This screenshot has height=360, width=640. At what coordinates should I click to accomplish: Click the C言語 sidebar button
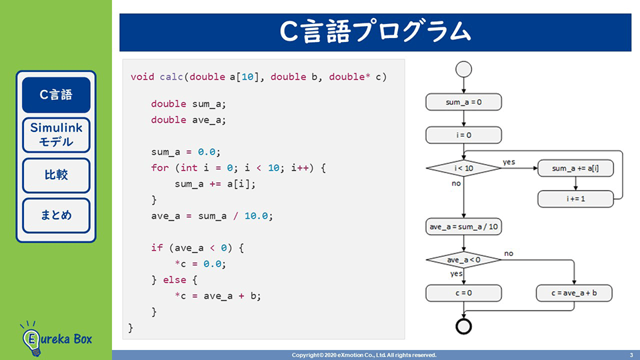coord(56,95)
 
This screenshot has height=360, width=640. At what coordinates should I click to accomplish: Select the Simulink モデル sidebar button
coord(56,135)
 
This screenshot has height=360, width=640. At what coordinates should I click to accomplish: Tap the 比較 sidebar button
coord(56,175)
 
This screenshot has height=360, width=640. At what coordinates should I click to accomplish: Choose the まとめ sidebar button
coord(56,215)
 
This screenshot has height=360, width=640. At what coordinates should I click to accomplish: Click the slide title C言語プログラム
coord(375,32)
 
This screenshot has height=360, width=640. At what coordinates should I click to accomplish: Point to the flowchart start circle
coord(463,70)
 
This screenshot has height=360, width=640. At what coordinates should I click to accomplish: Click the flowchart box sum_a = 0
coord(463,102)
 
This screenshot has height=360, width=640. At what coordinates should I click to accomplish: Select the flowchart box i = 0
coord(463,135)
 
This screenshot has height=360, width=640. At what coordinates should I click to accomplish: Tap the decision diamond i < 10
coord(463,168)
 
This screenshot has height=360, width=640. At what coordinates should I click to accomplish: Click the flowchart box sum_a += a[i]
coord(575,169)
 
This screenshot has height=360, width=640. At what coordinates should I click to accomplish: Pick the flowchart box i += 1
coord(575,198)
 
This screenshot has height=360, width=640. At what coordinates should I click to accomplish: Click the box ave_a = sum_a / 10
coord(463,227)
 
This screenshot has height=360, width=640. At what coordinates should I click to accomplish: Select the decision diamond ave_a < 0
coord(463,259)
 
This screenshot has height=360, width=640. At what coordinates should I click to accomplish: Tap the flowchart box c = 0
coord(463,293)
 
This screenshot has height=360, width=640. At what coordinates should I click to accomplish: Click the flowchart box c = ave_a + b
coord(574,293)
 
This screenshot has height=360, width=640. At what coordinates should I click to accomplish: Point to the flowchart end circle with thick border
coord(463,326)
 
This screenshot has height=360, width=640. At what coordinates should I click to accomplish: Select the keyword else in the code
coord(174,279)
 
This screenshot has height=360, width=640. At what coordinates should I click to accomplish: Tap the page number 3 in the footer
coord(631,355)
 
